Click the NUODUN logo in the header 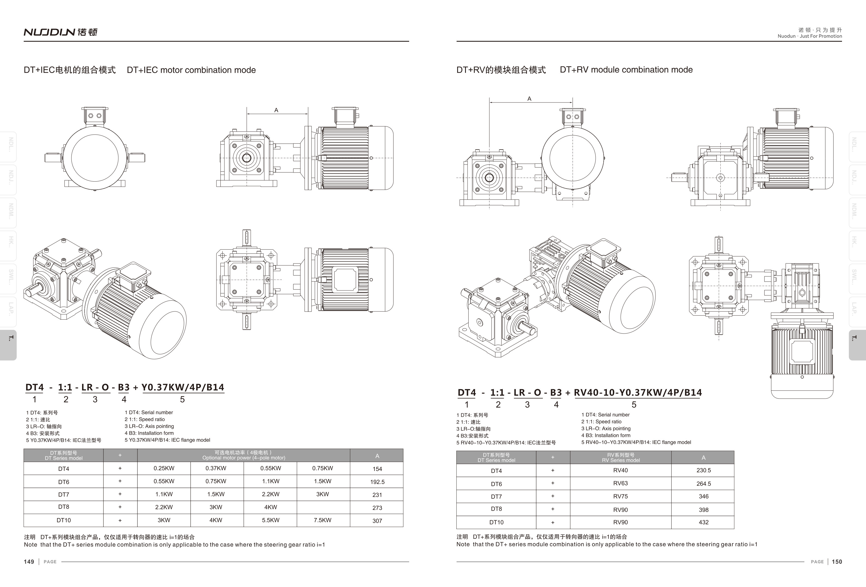(60, 32)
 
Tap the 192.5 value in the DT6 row (377, 482)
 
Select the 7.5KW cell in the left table (322, 520)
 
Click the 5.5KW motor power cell (271, 520)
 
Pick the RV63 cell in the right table (621, 483)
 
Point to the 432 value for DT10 (703, 522)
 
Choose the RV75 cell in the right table (621, 496)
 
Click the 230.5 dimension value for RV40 (703, 470)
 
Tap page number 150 (837, 562)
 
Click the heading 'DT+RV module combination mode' (626, 69)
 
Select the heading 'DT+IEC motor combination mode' (191, 70)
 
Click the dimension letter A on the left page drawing (276, 110)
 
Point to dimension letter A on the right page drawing (529, 99)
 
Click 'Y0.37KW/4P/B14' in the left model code (182, 388)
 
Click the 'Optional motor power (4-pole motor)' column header (244, 458)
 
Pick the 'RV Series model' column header (621, 460)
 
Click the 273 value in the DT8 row (377, 508)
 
